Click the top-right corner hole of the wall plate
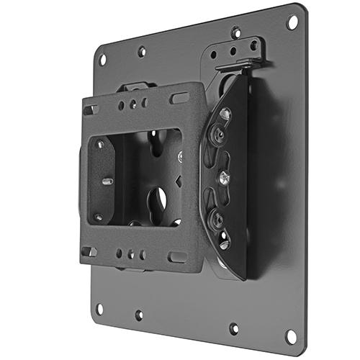[292, 22]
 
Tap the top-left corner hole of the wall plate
[102, 59]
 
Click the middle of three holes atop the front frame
[132, 104]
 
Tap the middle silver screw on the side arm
[225, 176]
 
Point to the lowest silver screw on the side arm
[224, 243]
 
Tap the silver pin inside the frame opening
[107, 181]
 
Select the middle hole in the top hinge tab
[233, 51]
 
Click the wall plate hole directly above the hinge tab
[236, 32]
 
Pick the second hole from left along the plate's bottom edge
[138, 315]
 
